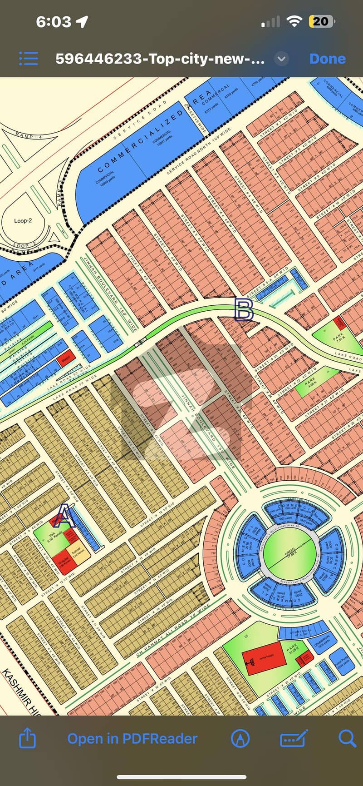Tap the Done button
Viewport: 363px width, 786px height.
pyautogui.click(x=327, y=59)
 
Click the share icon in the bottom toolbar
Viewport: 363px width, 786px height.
pyautogui.click(x=27, y=738)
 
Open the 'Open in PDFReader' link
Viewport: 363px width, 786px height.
pyautogui.click(x=132, y=738)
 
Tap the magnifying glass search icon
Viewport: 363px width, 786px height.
pyautogui.click(x=347, y=738)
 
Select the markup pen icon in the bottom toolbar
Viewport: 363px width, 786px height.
pyautogui.click(x=240, y=738)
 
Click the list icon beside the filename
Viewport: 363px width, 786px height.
pyautogui.click(x=29, y=59)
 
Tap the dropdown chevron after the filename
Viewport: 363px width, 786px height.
pyautogui.click(x=281, y=59)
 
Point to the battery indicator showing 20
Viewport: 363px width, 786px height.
pyautogui.click(x=321, y=21)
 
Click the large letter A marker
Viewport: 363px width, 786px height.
pyautogui.click(x=64, y=516)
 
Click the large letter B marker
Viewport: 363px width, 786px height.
pyautogui.click(x=244, y=310)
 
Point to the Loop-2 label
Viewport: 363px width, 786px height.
pyautogui.click(x=23, y=221)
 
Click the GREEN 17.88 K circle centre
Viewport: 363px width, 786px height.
pyautogui.click(x=289, y=553)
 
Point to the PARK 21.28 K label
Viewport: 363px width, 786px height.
pyautogui.click(x=292, y=647)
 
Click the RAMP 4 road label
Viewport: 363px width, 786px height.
pyautogui.click(x=28, y=135)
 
